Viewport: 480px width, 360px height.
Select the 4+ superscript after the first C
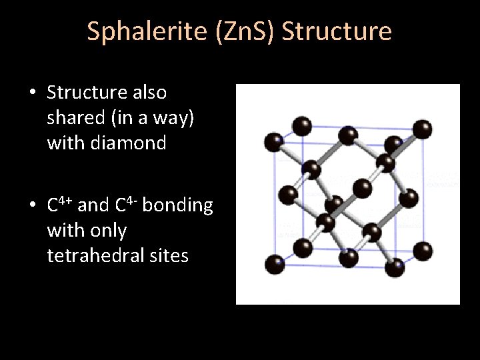67,200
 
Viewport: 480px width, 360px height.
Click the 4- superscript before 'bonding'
131,200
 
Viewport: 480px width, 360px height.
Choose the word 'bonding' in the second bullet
178,205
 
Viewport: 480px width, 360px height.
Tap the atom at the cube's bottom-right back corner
423,251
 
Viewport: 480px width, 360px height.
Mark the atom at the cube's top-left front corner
273,141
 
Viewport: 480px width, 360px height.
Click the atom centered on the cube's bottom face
348,259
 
